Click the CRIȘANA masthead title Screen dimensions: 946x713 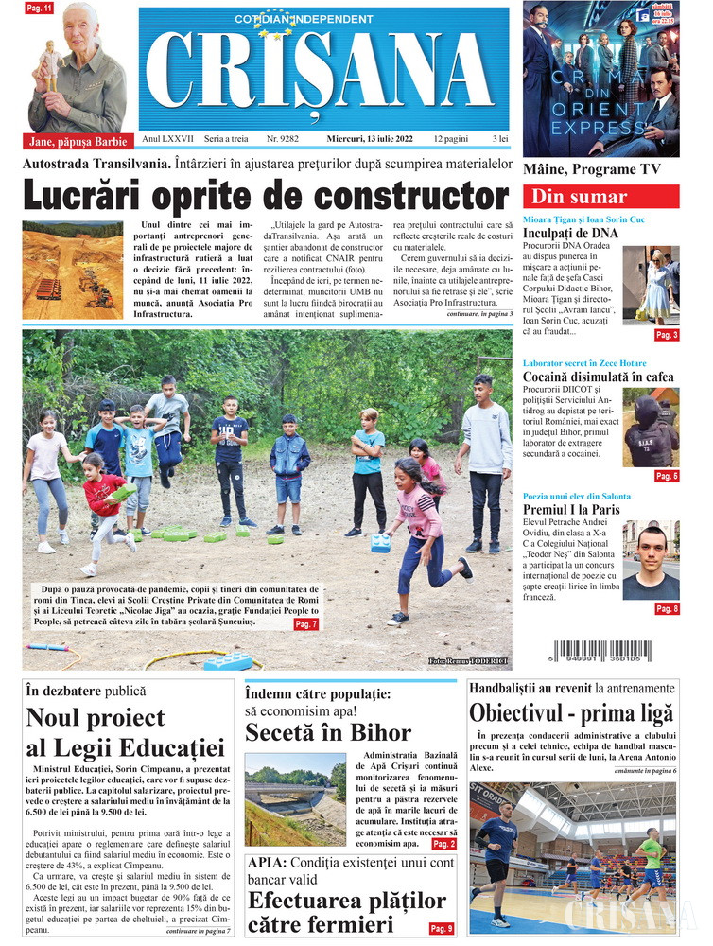[326, 74]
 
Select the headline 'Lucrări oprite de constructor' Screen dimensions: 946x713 [266, 196]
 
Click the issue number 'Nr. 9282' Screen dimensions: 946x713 [283, 139]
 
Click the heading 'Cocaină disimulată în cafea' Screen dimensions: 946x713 [598, 377]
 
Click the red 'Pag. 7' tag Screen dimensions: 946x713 [305, 624]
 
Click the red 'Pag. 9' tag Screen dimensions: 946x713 [442, 928]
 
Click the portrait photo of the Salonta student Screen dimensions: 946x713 [651, 559]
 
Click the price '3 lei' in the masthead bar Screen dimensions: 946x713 [494, 139]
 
